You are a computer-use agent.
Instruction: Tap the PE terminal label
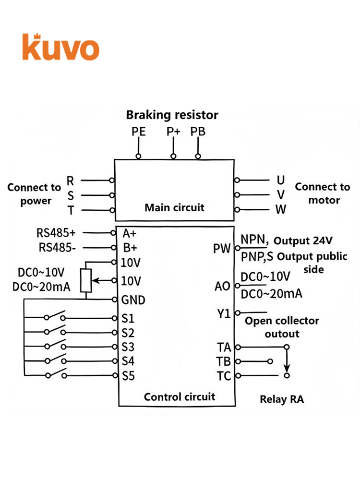pos(138,132)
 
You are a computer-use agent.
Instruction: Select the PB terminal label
pos(198,132)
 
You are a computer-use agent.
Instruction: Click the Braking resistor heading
pos(172,115)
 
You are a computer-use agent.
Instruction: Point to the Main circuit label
pos(175,207)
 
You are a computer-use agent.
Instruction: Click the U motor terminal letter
pos(281,180)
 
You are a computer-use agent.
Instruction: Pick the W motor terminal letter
pos(281,209)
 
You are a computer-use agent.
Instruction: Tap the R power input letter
pos(71,181)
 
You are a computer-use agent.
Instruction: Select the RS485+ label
pos(56,233)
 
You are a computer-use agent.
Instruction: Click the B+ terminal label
pos(130,248)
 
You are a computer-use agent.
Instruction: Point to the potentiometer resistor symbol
pos(86,280)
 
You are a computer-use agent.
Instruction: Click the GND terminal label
pos(133,300)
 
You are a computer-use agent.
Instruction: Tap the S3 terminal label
pos(128,347)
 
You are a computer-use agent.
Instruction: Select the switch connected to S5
pos(55,374)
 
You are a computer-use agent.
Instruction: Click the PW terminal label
pos(222,249)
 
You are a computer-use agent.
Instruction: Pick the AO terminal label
pos(222,286)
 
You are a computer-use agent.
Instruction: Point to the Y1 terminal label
pos(224,314)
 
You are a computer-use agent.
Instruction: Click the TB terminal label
pos(224,361)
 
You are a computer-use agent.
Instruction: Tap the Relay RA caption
pos(282,399)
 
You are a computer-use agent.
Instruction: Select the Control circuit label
pos(180,397)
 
